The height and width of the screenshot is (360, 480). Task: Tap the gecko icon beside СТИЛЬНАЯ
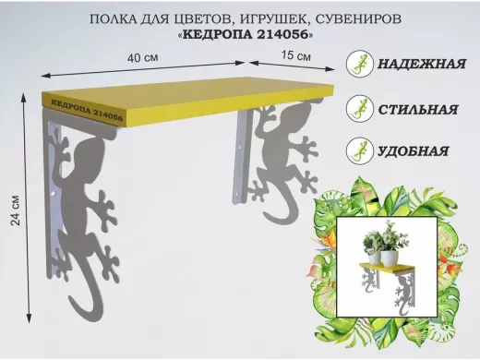click(x=356, y=109)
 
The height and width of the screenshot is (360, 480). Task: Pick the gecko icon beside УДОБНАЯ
click(x=356, y=150)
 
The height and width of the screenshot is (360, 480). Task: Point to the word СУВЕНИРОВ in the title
click(x=339, y=18)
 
